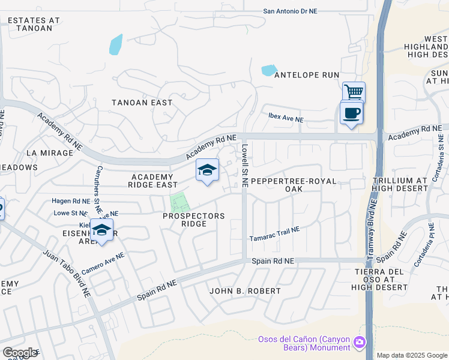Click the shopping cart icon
pos(354,92)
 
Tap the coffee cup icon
pos(351,112)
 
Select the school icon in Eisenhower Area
pos(102,230)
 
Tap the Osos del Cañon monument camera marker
pos(360,343)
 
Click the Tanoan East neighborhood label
pos(142,103)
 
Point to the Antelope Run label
pos(307,75)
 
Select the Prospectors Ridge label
pos(194,220)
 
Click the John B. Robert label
pos(245,291)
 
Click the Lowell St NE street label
pos(245,165)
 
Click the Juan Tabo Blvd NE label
pos(67,274)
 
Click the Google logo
pos(20,353)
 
